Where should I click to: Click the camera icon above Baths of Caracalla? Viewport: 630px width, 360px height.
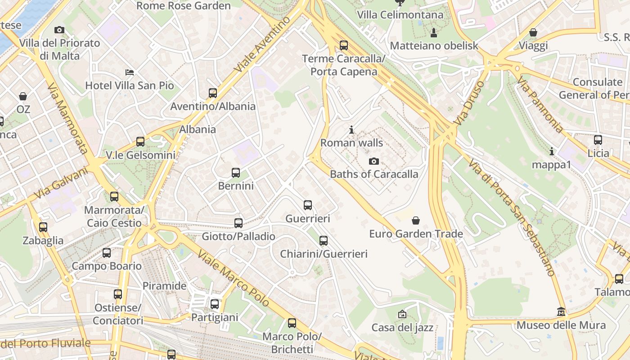click(373, 161)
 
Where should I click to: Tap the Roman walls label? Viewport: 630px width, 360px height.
click(351, 143)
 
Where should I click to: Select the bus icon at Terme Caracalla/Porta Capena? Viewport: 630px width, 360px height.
click(344, 45)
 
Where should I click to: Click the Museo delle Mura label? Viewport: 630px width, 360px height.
click(561, 325)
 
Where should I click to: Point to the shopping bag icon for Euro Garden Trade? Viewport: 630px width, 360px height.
click(416, 220)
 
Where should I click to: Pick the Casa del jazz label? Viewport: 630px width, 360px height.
click(402, 328)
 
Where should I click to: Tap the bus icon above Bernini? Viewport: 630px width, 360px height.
click(236, 172)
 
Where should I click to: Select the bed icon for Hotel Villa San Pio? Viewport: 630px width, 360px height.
click(130, 72)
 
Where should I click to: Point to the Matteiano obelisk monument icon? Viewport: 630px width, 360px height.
click(434, 32)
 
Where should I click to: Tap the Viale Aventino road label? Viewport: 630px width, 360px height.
click(262, 45)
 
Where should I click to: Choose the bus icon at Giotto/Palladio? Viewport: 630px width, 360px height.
click(238, 223)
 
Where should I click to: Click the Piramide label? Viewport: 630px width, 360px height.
click(164, 286)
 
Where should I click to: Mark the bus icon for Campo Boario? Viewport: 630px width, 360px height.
click(107, 252)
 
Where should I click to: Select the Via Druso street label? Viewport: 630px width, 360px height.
click(470, 103)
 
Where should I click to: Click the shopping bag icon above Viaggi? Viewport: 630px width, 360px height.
click(533, 32)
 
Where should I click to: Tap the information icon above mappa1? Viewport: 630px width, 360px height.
click(551, 151)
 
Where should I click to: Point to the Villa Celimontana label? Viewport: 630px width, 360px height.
click(400, 15)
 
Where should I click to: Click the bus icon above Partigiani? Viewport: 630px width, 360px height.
click(215, 304)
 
